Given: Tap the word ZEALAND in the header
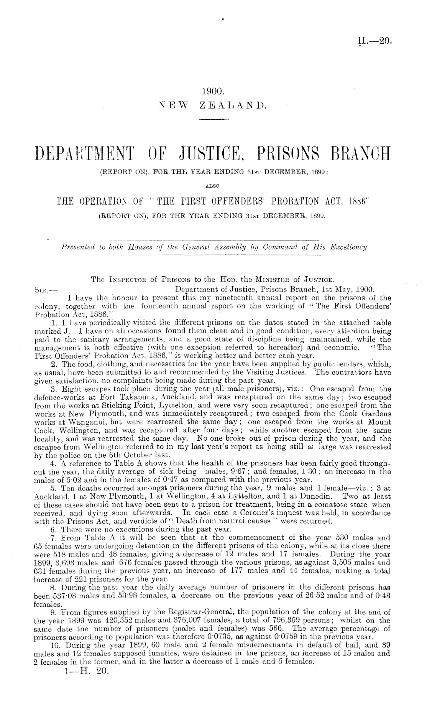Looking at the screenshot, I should tap(233, 105).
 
